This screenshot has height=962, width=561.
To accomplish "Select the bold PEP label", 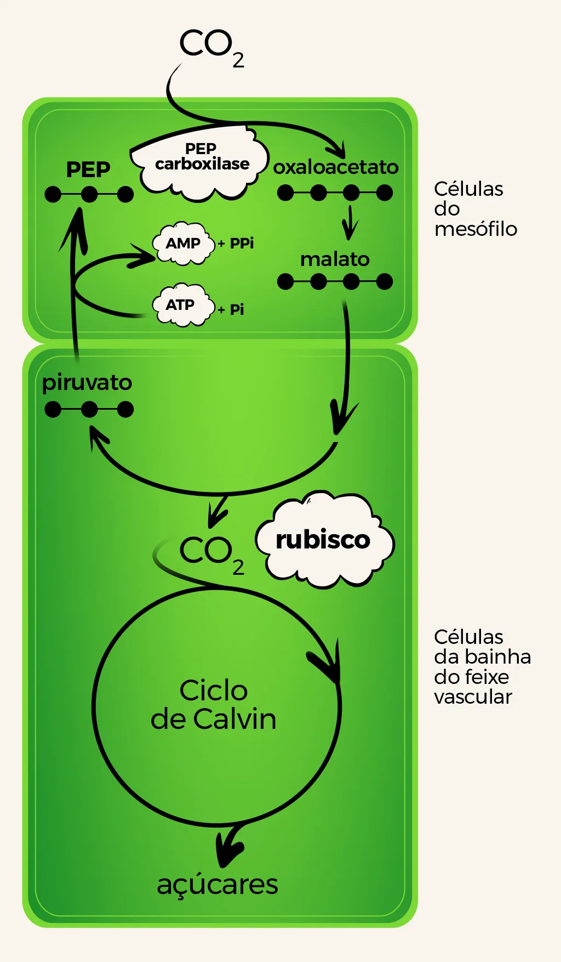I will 88,169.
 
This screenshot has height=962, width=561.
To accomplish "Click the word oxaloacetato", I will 336,167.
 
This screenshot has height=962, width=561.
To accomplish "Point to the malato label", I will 335,259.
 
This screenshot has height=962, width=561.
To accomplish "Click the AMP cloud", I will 183,243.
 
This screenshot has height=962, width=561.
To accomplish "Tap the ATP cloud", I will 181,304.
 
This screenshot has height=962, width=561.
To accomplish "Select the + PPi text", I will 236,243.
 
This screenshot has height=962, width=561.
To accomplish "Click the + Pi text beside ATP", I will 231,309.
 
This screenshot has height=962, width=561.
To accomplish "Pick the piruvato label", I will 87,382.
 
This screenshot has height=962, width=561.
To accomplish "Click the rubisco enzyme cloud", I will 323,540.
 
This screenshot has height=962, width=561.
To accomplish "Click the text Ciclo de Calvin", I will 214,705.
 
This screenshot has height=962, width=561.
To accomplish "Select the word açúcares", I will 217,884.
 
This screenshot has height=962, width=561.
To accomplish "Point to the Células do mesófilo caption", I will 475,208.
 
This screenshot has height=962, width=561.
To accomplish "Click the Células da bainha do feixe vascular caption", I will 482,666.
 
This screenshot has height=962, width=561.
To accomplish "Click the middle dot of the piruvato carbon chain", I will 89,409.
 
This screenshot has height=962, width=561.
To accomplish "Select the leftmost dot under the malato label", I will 285,281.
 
